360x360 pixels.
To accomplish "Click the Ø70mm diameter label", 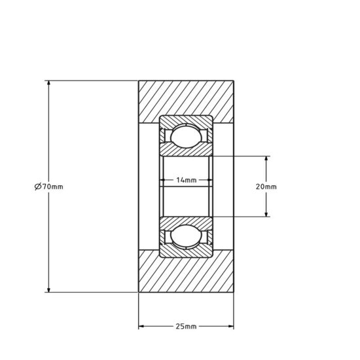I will pos(48,187).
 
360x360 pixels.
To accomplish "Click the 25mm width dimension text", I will pos(187,325).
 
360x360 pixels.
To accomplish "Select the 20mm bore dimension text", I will pos(266,187).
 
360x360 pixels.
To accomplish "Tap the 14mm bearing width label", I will pos(187,180).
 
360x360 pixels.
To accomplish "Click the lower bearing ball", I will pos(187,236).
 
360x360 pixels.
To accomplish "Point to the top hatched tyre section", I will pos(187,98).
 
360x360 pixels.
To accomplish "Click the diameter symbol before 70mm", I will pos(37,187).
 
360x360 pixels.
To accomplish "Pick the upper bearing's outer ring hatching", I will pos(187,120).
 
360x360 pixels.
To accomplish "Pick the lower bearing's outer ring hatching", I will pos(187,253).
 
